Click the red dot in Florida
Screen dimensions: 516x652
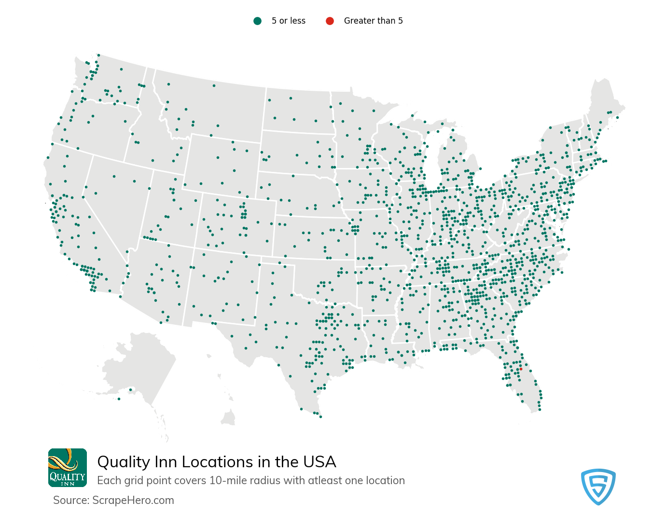pos(521,369)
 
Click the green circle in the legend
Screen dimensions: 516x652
pos(258,21)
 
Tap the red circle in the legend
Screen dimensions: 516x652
pos(330,21)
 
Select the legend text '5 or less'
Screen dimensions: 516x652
pos(288,21)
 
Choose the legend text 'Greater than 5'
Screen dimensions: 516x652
pos(373,21)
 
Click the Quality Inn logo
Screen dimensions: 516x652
pos(68,467)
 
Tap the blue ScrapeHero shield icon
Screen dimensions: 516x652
pos(598,486)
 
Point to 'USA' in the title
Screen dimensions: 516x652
pos(319,462)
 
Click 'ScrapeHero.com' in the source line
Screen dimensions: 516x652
pos(133,500)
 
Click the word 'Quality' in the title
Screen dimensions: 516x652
pos(124,462)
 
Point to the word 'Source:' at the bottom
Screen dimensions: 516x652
pos(71,500)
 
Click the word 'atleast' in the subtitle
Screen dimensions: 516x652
pos(325,481)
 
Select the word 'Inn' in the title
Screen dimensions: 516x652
pos(166,462)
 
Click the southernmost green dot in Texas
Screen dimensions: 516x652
pos(320,417)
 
